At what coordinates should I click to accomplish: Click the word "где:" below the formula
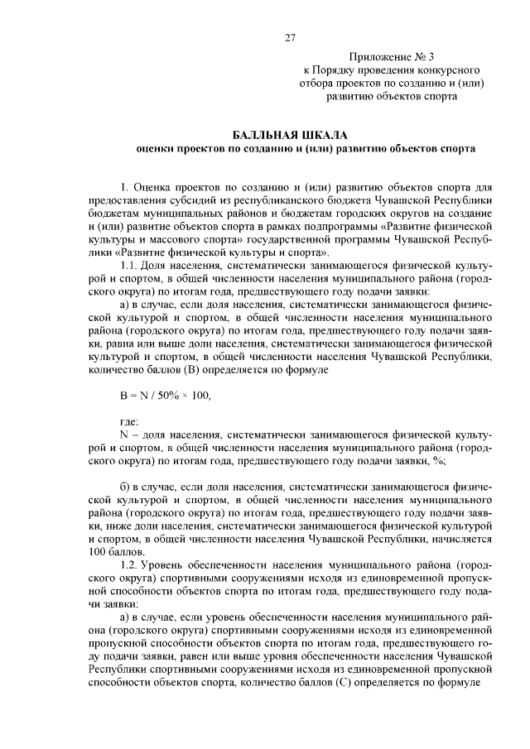[130, 422]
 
